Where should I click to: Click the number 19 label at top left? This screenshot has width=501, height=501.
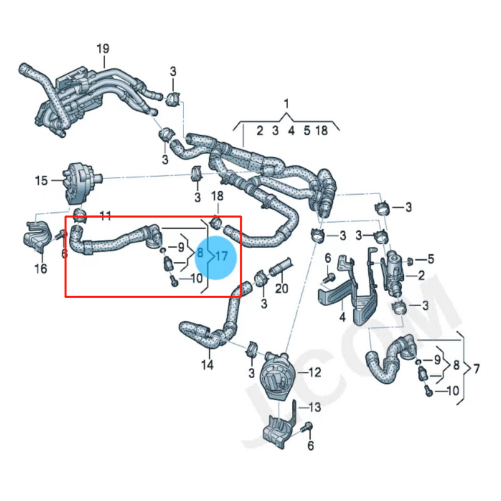pos(103,48)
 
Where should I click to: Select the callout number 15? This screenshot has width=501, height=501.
pos(41,181)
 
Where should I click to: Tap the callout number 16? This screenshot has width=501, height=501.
pos(41,269)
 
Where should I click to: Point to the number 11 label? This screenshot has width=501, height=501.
pos(106,216)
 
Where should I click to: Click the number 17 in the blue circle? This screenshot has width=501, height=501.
pos(222,256)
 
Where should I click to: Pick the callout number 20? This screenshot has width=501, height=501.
pos(282,289)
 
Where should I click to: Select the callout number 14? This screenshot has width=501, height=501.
pos(207,364)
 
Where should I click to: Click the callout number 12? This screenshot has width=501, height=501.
pos(314,373)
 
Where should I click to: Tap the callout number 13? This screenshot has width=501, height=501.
pos(314,408)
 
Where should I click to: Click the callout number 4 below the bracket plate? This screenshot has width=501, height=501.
pos(343,318)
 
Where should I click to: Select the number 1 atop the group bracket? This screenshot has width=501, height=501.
pos(286,103)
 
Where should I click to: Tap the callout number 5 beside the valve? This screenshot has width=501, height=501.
pos(430,259)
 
